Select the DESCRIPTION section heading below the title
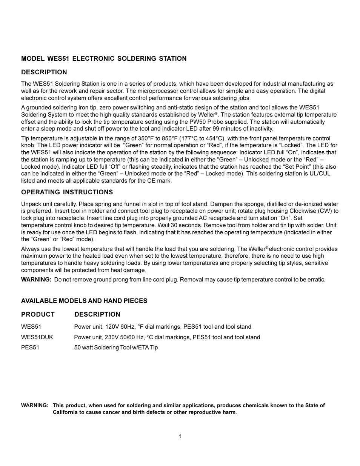44,72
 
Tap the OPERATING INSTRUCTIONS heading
67,192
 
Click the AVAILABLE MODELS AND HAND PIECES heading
84,301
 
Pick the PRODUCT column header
38,314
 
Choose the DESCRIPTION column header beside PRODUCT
97,314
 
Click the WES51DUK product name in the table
37,337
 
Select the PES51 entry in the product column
30,348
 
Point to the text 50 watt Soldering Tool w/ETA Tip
116,348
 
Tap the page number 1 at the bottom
180,436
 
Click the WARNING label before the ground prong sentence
36,280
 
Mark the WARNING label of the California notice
35,405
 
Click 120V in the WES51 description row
114,327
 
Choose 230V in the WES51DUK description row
114,337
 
